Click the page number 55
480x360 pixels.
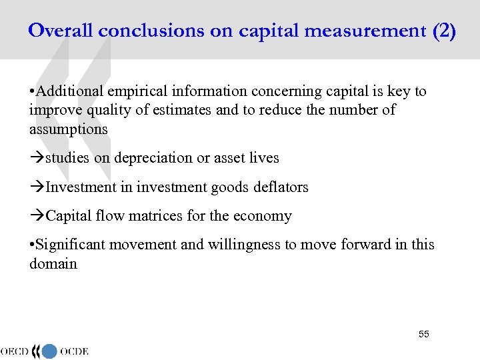point(424,333)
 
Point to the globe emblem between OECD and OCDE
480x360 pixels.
point(49,351)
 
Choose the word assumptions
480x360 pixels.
point(68,129)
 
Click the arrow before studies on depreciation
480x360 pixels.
point(37,159)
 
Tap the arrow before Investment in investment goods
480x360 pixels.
point(37,187)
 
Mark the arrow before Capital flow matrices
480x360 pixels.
point(37,217)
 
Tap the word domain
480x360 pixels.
point(53,263)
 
